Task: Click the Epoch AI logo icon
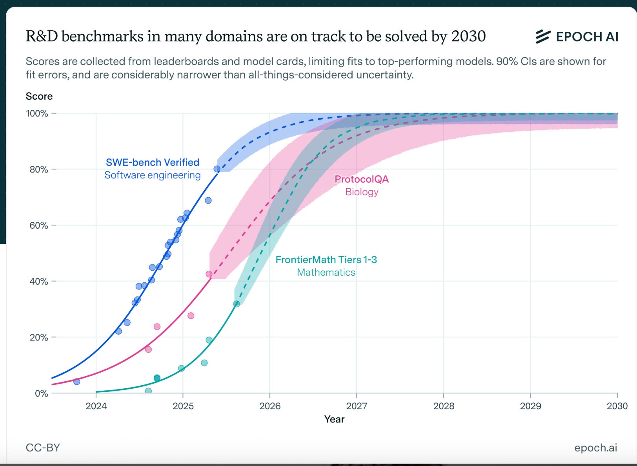tap(543, 36)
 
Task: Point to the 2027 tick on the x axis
tap(357, 406)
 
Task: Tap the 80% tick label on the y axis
tap(39, 169)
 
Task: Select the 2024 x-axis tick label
tap(96, 406)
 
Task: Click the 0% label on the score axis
tap(42, 393)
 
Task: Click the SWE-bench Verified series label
tap(153, 162)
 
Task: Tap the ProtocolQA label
tap(361, 179)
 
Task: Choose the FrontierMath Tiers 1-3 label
tap(326, 260)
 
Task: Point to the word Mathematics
tap(326, 272)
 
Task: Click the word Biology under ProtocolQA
tap(362, 192)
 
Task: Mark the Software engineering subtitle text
tap(153, 175)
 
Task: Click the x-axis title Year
tap(334, 419)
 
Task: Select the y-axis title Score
tap(39, 96)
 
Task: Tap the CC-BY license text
tap(43, 448)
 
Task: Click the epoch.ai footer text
tap(595, 448)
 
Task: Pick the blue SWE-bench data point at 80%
tap(217, 169)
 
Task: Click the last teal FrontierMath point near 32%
tap(237, 304)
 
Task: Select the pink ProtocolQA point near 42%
tap(209, 274)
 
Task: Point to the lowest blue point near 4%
tap(76, 382)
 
